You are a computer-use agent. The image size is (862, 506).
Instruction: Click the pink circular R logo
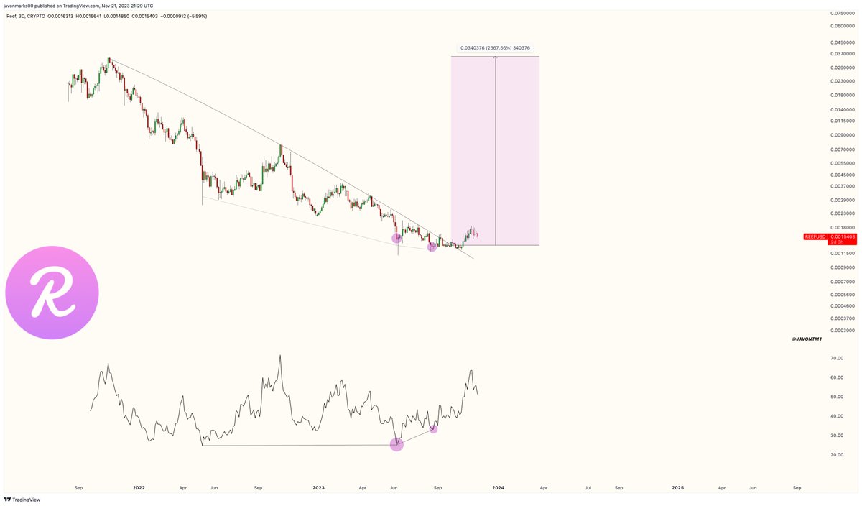coord(52,292)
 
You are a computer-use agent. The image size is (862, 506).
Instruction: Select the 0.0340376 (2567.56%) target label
coord(496,48)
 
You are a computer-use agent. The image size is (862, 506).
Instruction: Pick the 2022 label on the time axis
coord(139,488)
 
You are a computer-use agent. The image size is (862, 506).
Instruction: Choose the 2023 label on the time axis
coord(318,488)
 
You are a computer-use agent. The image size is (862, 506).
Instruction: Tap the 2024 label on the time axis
coord(498,488)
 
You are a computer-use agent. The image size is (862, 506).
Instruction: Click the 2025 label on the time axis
coord(677,488)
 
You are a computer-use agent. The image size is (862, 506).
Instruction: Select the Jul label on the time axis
coord(588,488)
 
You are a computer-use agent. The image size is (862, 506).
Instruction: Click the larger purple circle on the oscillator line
coord(397,444)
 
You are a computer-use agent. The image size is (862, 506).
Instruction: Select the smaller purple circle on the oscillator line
coord(433,429)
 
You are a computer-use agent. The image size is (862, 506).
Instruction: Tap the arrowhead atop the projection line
coord(496,58)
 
